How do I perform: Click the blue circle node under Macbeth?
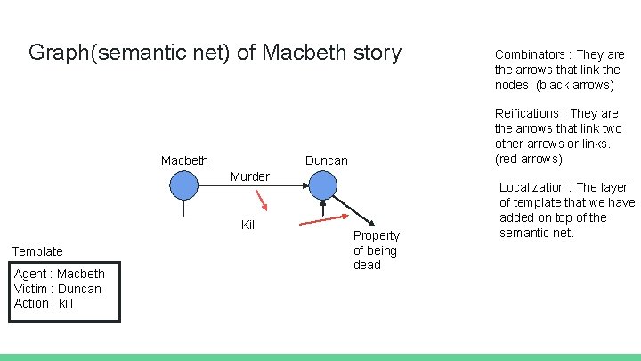click(183, 185)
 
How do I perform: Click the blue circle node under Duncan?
click(322, 185)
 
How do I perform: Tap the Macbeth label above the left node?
click(184, 160)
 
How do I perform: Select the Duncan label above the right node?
click(327, 160)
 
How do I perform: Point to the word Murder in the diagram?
click(249, 176)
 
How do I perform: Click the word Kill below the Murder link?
click(249, 225)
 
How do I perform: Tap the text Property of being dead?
click(377, 250)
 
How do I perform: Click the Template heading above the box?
click(37, 251)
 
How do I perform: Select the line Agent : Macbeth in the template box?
click(59, 274)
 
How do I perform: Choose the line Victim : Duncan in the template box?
click(57, 289)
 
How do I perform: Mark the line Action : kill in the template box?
click(44, 303)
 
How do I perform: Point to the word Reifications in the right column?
click(530, 113)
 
